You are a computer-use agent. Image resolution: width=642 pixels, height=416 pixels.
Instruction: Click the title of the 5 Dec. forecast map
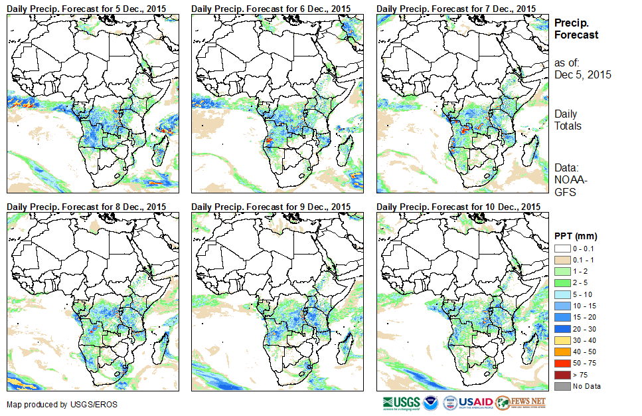[87, 8]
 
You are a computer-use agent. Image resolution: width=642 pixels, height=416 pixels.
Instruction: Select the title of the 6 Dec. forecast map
[272, 8]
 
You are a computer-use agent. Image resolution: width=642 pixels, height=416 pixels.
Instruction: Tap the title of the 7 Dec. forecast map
[456, 8]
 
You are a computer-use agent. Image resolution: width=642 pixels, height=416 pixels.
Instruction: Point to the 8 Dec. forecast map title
[87, 207]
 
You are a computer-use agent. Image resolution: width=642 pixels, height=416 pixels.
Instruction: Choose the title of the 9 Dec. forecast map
[272, 207]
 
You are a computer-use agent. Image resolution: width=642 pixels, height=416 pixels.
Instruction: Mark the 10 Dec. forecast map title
[458, 207]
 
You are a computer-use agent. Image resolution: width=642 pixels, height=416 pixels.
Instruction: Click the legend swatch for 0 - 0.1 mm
[562, 248]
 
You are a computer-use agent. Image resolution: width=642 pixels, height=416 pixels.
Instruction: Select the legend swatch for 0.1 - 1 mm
[562, 259]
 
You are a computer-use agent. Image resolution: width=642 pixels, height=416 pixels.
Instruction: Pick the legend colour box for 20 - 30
[562, 328]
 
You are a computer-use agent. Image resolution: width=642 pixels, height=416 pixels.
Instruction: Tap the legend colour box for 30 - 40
[562, 340]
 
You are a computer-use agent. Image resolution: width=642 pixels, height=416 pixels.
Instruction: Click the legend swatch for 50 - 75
[562, 363]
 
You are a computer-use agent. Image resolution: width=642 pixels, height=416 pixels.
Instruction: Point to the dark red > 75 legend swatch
[562, 374]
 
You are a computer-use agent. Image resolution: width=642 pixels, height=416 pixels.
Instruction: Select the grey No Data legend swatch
[562, 386]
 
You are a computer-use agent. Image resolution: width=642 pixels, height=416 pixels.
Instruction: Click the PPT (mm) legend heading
[576, 236]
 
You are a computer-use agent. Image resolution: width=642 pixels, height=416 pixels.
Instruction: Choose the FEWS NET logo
[521, 403]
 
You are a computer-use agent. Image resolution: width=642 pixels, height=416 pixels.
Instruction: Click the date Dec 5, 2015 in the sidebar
[582, 74]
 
